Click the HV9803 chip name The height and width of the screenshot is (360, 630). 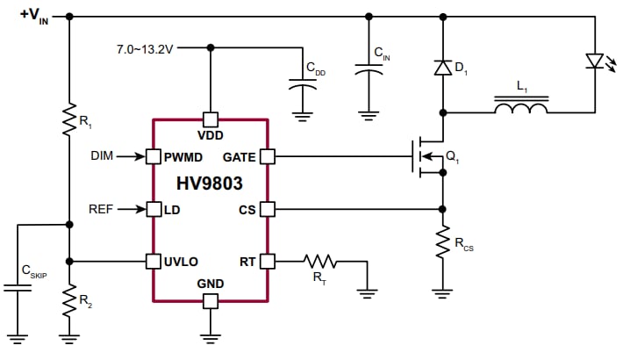[210, 184]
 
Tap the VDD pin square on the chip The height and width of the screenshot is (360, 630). [210, 119]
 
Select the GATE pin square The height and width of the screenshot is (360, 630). [268, 156]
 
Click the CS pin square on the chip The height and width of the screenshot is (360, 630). [268, 209]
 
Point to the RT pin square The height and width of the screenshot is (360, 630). [268, 261]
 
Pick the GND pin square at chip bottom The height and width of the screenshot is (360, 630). [210, 301]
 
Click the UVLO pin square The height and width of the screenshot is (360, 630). [153, 261]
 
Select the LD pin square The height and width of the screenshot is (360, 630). [153, 209]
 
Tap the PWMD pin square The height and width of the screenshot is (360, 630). [153, 156]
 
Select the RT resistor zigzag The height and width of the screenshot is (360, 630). [320, 261]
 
